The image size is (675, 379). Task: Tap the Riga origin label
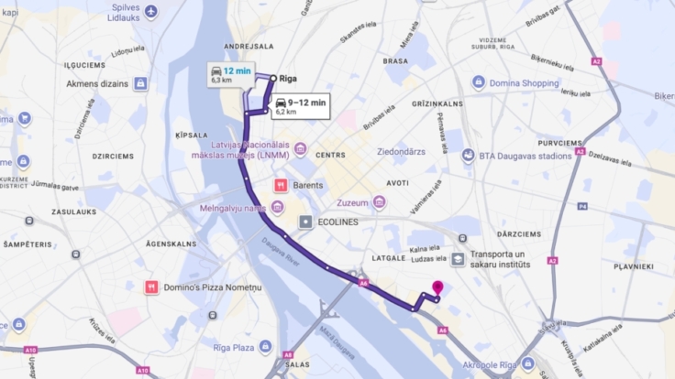click(x=287, y=79)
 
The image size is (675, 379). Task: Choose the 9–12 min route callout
click(x=300, y=106)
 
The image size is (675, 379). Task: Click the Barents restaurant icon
click(x=282, y=184)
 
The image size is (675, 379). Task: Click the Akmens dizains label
click(x=98, y=83)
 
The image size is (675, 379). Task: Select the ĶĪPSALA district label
click(x=191, y=135)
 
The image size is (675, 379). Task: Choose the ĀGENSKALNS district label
click(x=172, y=244)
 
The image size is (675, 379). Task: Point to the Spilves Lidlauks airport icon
click(x=151, y=11)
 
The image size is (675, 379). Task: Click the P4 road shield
click(x=582, y=206)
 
